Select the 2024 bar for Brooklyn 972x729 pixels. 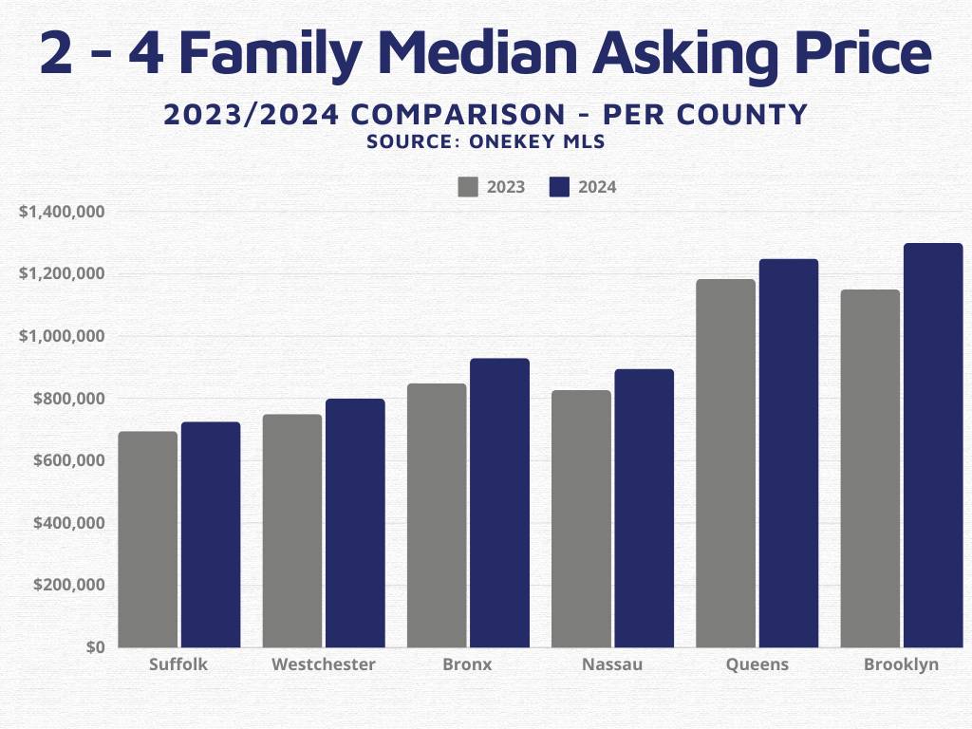933,445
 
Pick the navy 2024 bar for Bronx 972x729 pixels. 499,502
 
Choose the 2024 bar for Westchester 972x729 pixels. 355,522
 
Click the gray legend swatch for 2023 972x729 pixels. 468,187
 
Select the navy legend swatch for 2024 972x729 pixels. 559,187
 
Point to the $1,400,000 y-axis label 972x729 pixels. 63,212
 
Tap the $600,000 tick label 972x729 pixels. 68,460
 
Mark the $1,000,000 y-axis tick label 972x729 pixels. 63,336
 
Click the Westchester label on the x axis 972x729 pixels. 323,664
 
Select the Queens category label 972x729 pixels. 757,664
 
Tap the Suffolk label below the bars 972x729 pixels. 178,664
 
